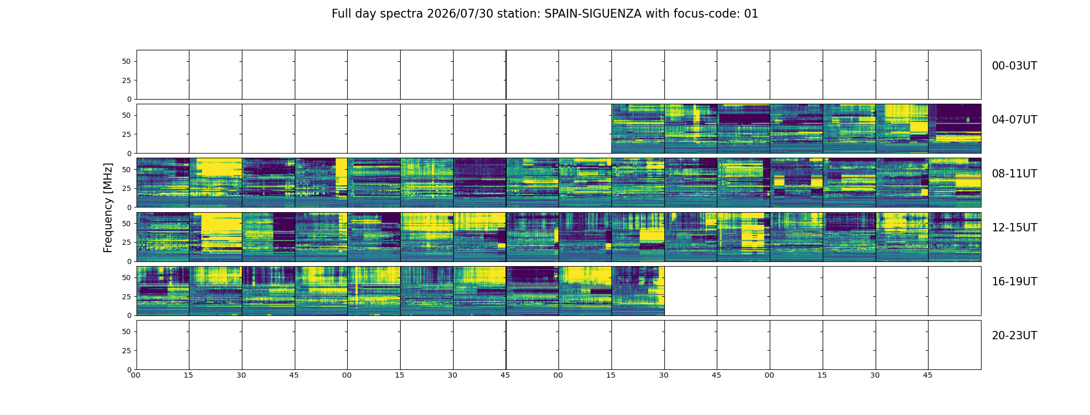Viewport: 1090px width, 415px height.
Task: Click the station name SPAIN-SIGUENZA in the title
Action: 593,14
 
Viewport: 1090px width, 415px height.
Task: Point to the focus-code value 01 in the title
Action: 751,14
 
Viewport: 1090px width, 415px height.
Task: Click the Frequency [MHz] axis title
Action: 108,208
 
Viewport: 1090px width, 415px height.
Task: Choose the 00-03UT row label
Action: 1014,66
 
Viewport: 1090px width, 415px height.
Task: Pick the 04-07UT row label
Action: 1014,120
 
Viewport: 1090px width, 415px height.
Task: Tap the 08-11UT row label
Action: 1014,174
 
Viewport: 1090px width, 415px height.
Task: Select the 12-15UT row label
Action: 1014,228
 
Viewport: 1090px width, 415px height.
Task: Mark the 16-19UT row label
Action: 1014,282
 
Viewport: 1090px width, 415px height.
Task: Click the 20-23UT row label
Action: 1014,336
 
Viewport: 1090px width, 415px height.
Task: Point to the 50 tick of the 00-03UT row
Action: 127,61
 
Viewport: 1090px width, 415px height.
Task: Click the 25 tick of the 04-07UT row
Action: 127,134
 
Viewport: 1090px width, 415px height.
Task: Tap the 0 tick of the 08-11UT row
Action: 129,208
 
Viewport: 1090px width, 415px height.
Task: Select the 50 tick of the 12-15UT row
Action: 127,224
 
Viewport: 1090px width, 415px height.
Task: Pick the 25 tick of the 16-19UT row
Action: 127,297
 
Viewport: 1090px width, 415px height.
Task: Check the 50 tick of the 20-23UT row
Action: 127,331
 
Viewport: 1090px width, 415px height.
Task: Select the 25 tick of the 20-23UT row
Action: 127,351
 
